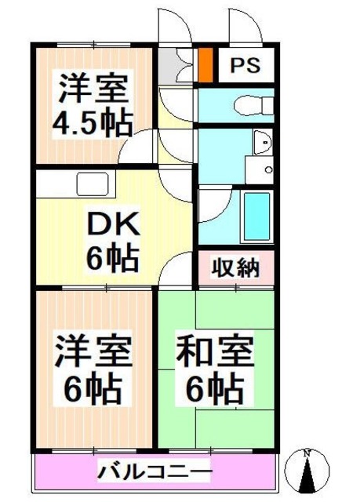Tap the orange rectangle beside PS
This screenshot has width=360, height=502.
(x=205, y=66)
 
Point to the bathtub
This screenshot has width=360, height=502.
(x=256, y=214)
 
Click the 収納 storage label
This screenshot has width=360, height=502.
(x=235, y=268)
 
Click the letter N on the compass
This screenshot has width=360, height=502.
(x=308, y=453)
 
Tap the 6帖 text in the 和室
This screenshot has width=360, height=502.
(x=214, y=387)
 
